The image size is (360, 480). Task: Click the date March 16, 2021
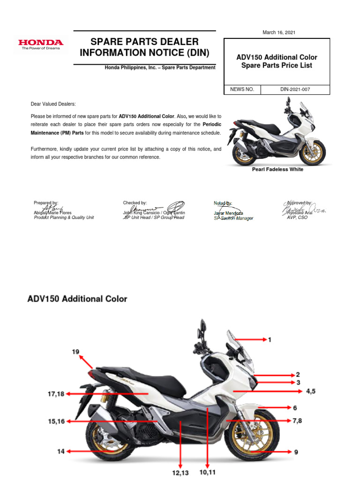tap(279, 32)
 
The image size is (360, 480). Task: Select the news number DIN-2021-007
tap(295, 89)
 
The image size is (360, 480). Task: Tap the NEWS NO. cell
tap(242, 89)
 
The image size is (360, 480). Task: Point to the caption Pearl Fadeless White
tap(277, 169)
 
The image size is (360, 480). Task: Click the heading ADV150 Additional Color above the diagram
tap(77, 299)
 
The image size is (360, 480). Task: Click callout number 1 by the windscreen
tap(270, 339)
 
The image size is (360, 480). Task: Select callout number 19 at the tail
tap(75, 352)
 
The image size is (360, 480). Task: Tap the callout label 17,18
tap(56, 394)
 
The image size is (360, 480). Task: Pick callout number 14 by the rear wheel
tap(61, 451)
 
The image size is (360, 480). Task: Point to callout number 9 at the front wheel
tap(296, 452)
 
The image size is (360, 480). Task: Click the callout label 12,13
tap(180, 473)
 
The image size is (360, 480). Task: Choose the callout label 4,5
tap(310, 390)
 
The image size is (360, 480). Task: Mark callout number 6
tap(295, 408)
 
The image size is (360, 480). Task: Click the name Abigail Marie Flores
tap(52, 213)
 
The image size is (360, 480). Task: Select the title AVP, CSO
tap(297, 217)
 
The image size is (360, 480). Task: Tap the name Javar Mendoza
tap(228, 213)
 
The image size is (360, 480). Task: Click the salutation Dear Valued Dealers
tap(53, 104)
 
